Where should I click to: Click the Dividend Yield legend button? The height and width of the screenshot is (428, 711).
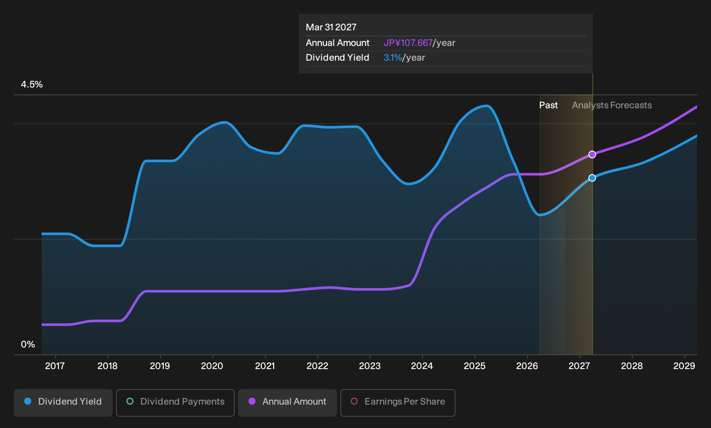point(63,402)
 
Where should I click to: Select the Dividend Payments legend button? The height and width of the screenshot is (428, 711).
point(175,402)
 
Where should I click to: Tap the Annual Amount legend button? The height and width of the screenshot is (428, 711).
point(287,402)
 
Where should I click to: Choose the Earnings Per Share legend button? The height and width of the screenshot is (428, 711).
point(398,402)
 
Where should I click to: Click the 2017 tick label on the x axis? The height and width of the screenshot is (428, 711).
point(55,366)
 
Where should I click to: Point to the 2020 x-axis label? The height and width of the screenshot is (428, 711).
point(212,366)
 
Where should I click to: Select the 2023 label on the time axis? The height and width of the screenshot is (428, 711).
point(370,366)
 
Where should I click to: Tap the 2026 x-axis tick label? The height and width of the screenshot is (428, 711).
point(527,366)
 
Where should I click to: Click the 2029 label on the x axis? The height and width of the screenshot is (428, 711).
point(684,366)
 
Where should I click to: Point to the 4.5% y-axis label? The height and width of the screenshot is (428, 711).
point(32,84)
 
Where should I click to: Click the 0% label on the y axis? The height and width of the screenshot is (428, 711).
point(28,344)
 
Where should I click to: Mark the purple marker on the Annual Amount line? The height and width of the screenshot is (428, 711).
point(592,154)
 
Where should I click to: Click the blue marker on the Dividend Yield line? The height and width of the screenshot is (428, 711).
point(592,178)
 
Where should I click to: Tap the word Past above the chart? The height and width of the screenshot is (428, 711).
point(549,105)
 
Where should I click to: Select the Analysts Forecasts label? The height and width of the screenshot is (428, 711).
point(612,105)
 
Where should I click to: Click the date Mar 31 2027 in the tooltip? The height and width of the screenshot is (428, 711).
point(331,27)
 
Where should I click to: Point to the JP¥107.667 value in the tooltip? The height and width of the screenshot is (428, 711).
point(408,43)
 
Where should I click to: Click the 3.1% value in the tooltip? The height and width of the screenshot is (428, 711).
point(393,58)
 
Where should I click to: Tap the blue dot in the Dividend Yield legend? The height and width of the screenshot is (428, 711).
point(28,401)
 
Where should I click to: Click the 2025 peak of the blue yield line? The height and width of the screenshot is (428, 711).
point(486,106)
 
